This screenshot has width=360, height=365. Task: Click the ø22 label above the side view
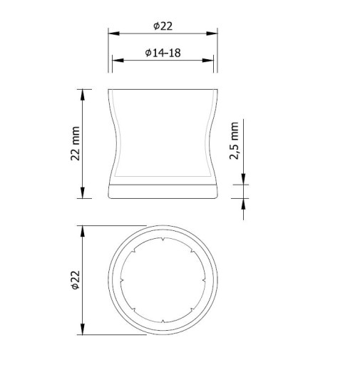click(x=163, y=26)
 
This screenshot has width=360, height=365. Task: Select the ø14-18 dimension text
click(x=163, y=53)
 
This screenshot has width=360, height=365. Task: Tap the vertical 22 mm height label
click(x=76, y=143)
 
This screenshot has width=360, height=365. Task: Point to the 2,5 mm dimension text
click(x=234, y=140)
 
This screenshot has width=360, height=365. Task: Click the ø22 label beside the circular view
click(x=76, y=280)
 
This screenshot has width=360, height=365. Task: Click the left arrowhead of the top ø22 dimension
click(x=114, y=34)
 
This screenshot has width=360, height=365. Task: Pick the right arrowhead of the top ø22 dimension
click(x=212, y=34)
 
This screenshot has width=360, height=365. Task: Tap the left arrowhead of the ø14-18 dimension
click(x=118, y=61)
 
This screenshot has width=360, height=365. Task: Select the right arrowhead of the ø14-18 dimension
click(x=207, y=61)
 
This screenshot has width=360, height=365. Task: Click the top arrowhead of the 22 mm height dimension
click(x=83, y=95)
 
